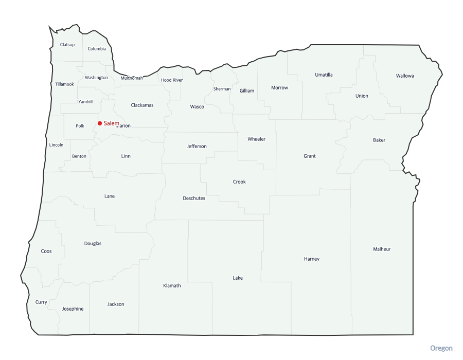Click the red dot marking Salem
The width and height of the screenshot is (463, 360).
[100, 123]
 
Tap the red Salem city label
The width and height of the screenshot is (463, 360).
[111, 123]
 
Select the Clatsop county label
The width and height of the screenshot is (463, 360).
[67, 45]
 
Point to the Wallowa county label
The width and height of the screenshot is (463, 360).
[405, 76]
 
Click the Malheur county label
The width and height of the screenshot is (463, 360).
[382, 249]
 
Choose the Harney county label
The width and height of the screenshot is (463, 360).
[312, 259]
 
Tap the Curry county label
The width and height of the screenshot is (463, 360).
[41, 302]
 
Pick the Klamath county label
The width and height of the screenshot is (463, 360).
[172, 286]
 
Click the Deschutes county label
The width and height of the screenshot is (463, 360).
[194, 199]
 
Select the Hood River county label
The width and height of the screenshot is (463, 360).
[172, 80]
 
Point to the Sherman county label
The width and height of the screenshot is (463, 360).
[222, 89]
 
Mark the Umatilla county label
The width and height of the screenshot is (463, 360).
[324, 75]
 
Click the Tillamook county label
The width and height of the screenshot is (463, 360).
[65, 84]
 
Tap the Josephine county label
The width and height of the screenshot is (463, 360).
[73, 309]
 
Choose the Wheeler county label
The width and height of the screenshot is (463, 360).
[257, 139]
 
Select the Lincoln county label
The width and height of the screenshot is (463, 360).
[57, 145]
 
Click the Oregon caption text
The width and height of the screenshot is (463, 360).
[441, 349]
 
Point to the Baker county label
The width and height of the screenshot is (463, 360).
[379, 140]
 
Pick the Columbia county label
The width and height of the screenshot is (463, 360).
[97, 49]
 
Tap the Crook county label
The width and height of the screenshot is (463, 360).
[239, 182]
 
